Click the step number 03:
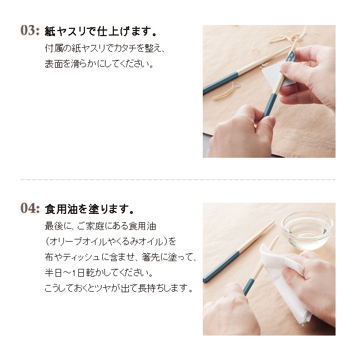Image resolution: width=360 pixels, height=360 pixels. click(30, 31)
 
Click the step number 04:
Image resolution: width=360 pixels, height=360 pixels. click(30, 208)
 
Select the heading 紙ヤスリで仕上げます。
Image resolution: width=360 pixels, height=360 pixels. click(101, 31)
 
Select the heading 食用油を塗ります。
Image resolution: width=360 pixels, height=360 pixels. click(89, 209)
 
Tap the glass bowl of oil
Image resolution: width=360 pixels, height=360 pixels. click(307, 231)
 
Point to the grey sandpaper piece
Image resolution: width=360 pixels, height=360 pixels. click(276, 73)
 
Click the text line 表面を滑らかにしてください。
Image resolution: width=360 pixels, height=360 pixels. click(99, 64)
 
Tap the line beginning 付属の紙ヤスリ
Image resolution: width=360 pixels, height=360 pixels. click(104, 48)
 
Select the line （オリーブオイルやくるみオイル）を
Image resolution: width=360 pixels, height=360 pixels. click(111, 242)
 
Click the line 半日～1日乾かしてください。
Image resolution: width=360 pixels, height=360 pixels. click(99, 273)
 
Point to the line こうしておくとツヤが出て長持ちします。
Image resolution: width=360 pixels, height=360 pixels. click(119, 288)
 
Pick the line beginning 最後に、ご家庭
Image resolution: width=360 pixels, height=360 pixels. click(101, 226)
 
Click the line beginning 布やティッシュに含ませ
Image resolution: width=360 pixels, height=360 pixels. click(121, 257)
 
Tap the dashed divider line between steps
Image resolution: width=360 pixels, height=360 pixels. click(178, 179)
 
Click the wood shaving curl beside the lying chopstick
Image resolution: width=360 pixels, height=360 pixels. click(226, 91)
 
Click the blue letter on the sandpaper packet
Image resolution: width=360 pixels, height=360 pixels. click(290, 57)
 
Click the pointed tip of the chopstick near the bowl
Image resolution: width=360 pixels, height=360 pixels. click(274, 222)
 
